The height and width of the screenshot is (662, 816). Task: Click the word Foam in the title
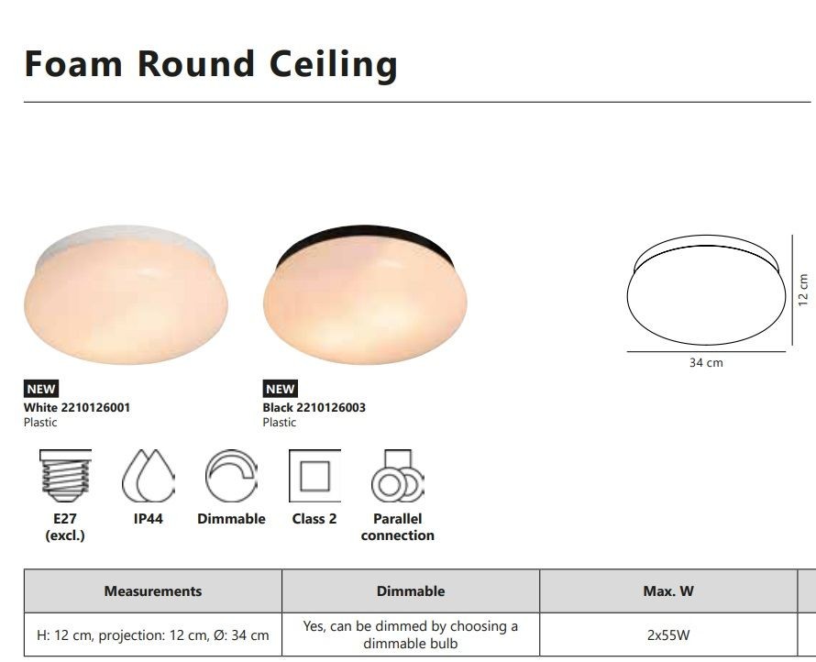coord(73,63)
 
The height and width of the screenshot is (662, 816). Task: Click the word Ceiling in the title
coord(333,65)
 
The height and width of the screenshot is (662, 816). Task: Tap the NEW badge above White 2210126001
coord(41,389)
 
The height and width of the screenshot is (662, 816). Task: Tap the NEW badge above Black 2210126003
coord(280,389)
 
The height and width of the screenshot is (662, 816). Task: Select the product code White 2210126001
coord(77,407)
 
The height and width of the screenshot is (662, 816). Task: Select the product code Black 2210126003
coord(314,407)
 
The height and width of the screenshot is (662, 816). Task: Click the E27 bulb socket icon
coord(65,476)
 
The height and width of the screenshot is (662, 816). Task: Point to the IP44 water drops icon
coord(149,476)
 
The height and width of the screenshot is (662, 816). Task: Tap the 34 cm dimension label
coord(706,363)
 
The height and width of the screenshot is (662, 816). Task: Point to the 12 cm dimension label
coord(803,290)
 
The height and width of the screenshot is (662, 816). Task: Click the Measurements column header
coord(153,591)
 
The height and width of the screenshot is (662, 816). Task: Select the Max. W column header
coord(668,591)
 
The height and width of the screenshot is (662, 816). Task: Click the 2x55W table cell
coord(668,634)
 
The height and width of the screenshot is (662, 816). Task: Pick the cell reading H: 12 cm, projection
coord(153,634)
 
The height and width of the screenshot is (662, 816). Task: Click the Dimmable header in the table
coord(411,591)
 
